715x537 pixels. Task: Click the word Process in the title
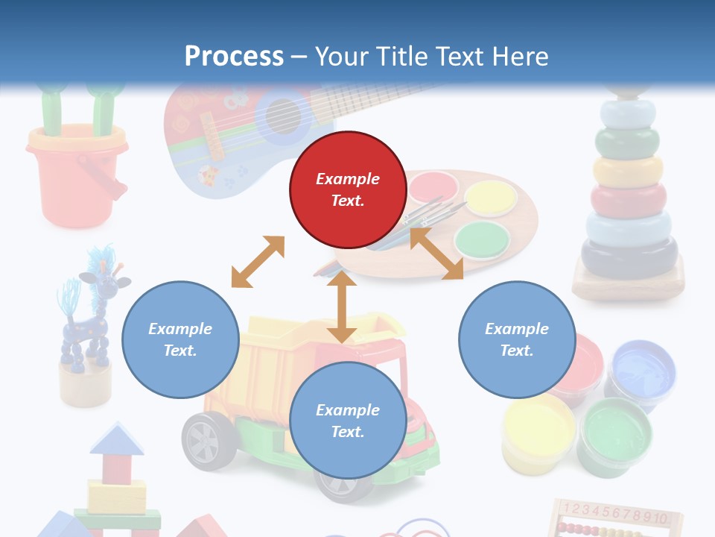[234, 57]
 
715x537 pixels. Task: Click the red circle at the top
[348, 190]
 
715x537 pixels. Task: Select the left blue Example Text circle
[180, 339]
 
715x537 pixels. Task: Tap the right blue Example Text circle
[517, 339]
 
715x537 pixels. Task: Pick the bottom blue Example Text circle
[348, 421]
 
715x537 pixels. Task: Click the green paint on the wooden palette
[482, 239]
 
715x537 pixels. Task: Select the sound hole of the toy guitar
[284, 116]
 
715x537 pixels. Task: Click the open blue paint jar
[642, 365]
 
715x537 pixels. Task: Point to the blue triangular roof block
[117, 439]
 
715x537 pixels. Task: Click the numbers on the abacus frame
[620, 512]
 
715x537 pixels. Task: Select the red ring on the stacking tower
[628, 199]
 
